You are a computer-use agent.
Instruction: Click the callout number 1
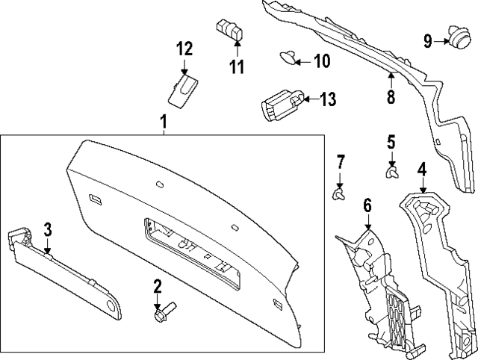(163, 121)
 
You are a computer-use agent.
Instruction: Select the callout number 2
(158, 285)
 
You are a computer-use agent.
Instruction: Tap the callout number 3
(46, 229)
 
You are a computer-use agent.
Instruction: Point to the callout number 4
(422, 170)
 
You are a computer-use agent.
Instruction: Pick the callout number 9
(428, 40)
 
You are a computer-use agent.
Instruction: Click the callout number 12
(184, 49)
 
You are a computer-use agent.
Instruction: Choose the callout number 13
(329, 99)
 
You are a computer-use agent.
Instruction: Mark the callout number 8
(390, 97)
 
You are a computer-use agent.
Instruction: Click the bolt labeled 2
(163, 313)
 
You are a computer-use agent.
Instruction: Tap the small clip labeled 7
(339, 195)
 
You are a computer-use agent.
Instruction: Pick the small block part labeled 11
(232, 31)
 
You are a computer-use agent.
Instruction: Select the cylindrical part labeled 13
(281, 104)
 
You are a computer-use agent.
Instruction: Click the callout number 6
(367, 203)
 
